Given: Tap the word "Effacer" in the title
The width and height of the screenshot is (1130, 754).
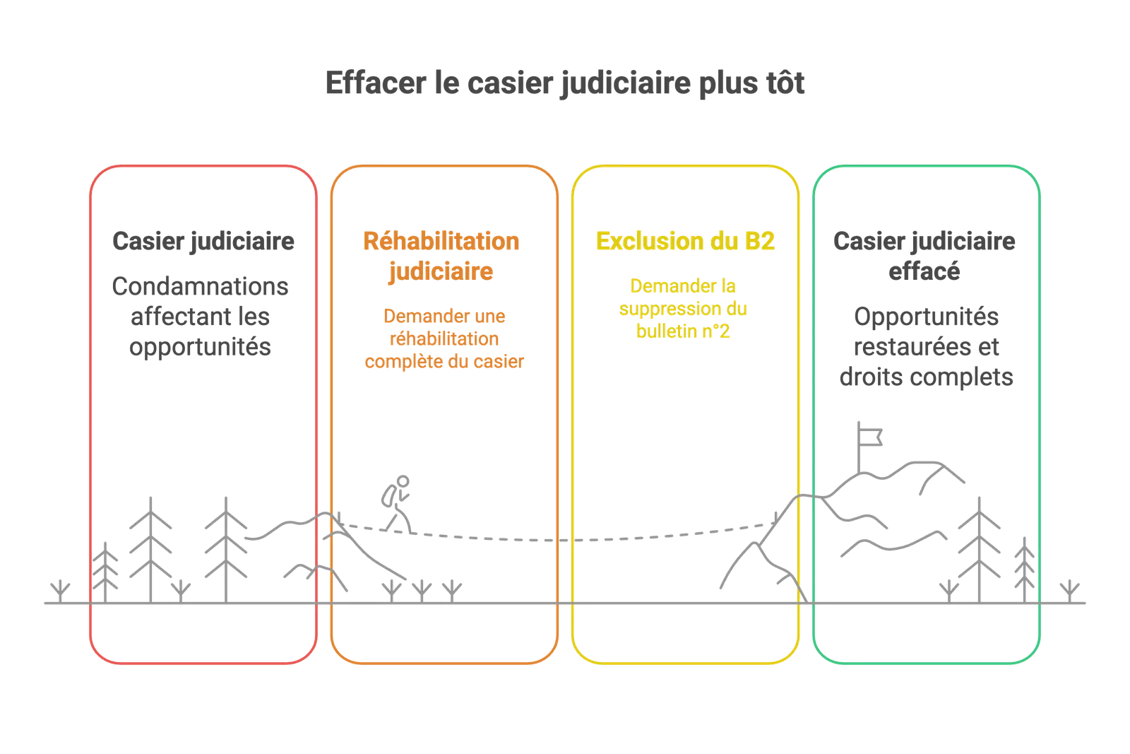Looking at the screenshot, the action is (375, 83).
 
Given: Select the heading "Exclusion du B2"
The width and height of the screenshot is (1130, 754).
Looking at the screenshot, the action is (685, 241).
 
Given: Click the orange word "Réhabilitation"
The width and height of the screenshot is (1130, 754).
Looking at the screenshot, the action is (441, 241).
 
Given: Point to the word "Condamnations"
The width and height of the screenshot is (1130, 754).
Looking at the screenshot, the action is (201, 286).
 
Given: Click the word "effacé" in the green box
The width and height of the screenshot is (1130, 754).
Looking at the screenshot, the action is (924, 271).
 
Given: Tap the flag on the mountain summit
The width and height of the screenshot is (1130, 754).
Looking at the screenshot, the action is (869, 437).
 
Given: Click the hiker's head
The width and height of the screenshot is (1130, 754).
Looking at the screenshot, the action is (403, 481).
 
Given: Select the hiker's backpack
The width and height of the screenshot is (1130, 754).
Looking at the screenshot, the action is (388, 495).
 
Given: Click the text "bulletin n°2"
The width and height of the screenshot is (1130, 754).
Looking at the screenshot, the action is (683, 331).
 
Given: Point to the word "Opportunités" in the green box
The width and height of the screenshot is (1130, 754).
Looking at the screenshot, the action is (926, 317).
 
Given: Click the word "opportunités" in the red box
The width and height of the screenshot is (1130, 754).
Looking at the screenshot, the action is (201, 347).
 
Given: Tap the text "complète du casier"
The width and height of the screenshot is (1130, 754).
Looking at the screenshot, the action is (444, 361).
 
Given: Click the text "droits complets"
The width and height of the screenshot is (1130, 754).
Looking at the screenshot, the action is (926, 377).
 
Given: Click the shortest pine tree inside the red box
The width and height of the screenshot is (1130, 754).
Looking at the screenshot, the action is (105, 572).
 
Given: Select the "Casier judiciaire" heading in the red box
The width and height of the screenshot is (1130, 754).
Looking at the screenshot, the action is (203, 241).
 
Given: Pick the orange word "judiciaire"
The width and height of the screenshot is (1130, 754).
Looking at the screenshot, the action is (441, 272).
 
